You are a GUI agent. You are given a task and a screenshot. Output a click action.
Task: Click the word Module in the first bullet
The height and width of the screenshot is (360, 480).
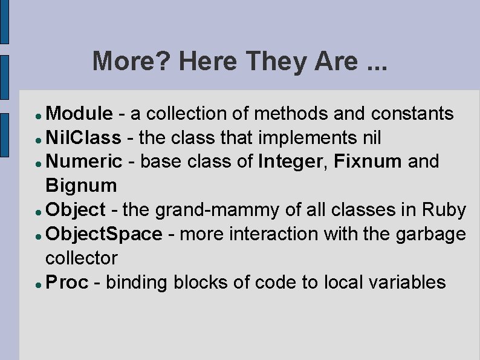coord(79,113)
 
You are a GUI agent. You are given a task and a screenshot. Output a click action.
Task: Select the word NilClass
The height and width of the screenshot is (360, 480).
coord(83,137)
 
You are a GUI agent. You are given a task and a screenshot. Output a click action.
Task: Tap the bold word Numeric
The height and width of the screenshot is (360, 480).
coord(83,162)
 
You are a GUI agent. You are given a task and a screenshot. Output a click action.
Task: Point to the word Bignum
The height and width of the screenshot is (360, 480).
coord(81,185)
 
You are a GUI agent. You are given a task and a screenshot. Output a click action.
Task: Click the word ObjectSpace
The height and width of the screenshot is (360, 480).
coord(104,234)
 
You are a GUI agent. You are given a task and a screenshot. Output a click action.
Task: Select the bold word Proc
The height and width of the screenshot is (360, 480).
coord(66,282)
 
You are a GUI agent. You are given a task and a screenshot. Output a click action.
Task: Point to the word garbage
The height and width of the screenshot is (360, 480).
coord(431,234)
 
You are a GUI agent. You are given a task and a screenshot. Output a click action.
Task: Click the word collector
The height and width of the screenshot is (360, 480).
coord(82,258)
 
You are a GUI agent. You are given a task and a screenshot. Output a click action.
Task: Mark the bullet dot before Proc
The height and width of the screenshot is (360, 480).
coord(38,283)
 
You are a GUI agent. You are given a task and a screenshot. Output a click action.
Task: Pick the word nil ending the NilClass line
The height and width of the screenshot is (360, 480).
coord(371,137)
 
